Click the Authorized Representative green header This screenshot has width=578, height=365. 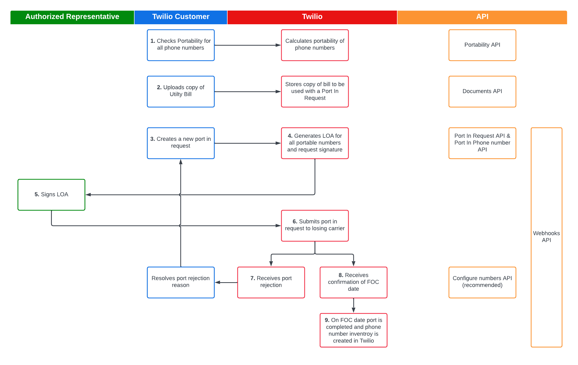coord(72,17)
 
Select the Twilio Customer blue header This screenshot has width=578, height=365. coord(181,17)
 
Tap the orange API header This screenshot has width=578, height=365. coord(482,17)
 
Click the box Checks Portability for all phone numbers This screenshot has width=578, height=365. coord(181,45)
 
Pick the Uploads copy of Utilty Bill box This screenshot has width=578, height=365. coord(181,91)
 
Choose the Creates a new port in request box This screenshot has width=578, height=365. coord(181,143)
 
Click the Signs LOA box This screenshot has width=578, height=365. coord(51,194)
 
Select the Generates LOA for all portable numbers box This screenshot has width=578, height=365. coord(315,143)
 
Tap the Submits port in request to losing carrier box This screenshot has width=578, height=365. coord(315,225)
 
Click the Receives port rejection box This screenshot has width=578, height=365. coord(271,282)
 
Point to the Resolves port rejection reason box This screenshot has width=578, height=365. coord(181,282)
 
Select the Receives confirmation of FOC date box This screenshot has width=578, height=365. coord(353,282)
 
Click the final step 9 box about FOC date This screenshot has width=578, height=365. coord(353,330)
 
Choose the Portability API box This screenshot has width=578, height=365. coord(482,45)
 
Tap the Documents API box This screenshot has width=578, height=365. coord(482,91)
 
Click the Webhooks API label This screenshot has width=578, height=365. coord(546,237)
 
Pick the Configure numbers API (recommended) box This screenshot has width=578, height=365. coord(482,282)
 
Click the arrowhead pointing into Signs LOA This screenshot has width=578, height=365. coord(88,195)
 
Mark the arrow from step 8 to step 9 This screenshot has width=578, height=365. coord(354,306)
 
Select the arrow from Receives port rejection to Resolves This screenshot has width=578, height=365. coord(226,282)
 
